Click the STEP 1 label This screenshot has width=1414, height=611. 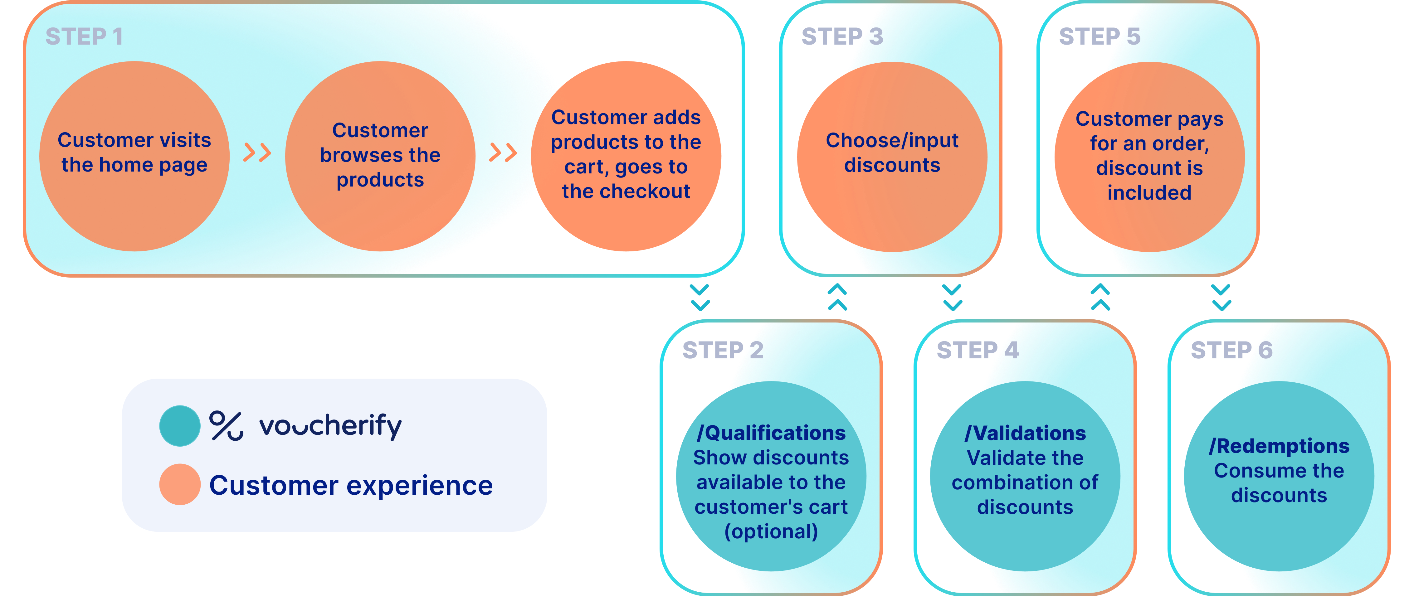click(84, 37)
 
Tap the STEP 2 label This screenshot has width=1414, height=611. click(722, 350)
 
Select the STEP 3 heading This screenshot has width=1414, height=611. click(842, 37)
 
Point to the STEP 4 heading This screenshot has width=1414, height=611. click(977, 350)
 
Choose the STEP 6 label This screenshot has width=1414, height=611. click(1231, 350)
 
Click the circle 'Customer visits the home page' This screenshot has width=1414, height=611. click(134, 156)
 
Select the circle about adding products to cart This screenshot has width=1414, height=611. click(626, 156)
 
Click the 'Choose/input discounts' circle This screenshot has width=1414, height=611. click(892, 156)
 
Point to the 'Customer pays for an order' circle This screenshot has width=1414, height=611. click(1149, 156)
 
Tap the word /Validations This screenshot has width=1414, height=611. click(1025, 433)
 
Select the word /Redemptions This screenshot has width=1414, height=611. click(1279, 446)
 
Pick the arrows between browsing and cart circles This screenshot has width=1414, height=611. click(503, 153)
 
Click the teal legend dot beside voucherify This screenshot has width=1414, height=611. click(179, 426)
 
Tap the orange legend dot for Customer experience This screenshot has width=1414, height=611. click(179, 484)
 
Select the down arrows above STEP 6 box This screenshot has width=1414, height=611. click(1221, 297)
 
